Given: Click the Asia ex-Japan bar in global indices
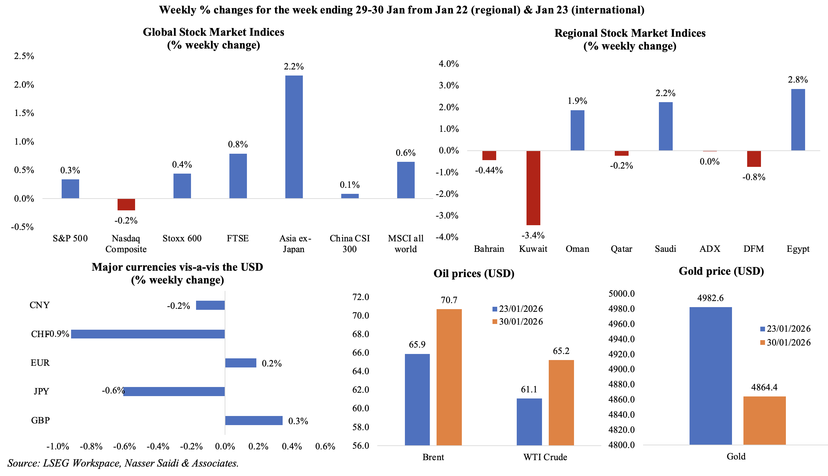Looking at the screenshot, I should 294,137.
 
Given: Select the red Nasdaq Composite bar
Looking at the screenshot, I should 126,204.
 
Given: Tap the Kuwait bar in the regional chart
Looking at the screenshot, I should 533,188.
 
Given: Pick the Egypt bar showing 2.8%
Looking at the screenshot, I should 798,120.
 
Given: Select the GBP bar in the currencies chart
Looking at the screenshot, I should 254,420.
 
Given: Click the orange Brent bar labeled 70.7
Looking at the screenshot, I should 449,377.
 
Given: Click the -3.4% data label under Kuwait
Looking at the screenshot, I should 533,235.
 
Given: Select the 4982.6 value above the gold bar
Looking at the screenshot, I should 710,298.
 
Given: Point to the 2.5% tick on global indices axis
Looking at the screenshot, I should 24,56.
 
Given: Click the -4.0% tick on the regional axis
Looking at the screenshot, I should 447,237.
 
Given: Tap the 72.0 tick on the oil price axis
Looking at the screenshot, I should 361,297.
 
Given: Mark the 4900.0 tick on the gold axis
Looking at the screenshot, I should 622,369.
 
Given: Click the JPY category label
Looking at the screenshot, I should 41,391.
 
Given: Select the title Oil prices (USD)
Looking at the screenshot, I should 474,273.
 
